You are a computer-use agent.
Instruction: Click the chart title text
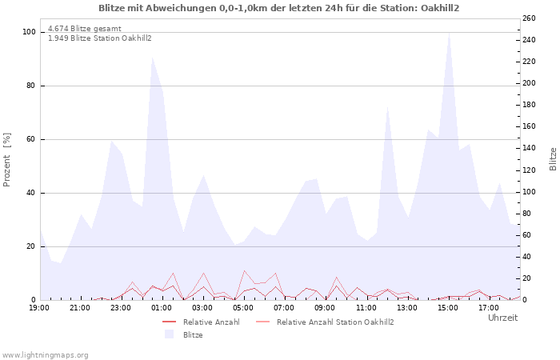(279, 8)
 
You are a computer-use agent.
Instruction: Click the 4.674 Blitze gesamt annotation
(85, 29)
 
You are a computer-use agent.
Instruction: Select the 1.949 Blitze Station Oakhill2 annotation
(100, 38)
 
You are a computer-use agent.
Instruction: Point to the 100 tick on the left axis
(30, 32)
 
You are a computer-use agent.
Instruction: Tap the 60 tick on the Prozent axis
(31, 139)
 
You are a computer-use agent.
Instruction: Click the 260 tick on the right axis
(530, 18)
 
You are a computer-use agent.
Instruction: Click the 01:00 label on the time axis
(162, 307)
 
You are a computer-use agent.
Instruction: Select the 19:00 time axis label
(39, 307)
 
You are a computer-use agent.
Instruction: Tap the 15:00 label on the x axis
(448, 307)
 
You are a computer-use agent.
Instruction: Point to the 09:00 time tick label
(326, 307)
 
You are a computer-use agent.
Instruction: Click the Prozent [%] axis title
(8, 160)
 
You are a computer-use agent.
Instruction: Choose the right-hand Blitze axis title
(552, 158)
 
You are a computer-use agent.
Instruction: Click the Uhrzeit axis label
(502, 318)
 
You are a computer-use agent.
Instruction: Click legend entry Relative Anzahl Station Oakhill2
(335, 322)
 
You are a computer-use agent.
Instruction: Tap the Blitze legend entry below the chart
(193, 335)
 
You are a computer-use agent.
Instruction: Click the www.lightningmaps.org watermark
(45, 354)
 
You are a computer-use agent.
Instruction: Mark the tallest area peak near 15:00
(449, 34)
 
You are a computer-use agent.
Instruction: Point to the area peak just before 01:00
(152, 57)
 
